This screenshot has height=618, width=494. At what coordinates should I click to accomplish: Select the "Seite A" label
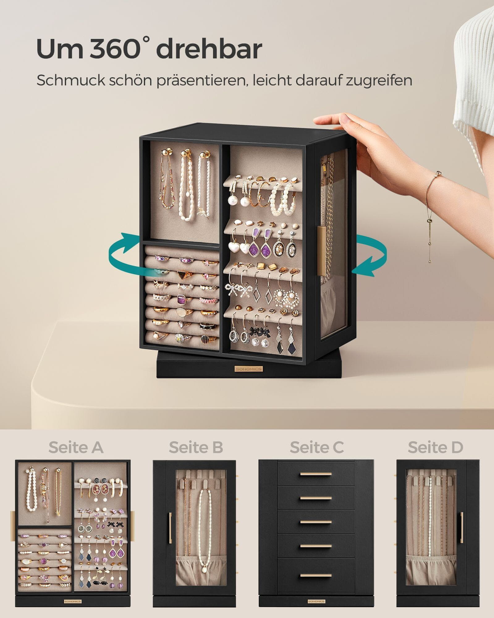click(x=76, y=447)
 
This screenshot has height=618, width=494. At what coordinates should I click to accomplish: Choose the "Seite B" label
click(x=196, y=447)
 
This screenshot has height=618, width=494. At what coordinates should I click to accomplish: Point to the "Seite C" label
click(x=317, y=447)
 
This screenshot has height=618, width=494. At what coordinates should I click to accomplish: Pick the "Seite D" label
click(x=435, y=447)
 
